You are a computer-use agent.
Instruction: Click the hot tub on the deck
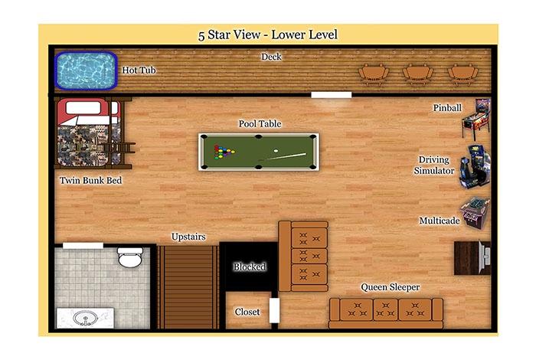tap(86, 70)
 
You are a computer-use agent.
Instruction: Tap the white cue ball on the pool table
tap(276, 151)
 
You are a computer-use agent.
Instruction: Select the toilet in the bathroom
tap(130, 257)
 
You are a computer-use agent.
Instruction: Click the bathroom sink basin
tap(85, 319)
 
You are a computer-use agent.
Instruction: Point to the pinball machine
tap(476, 118)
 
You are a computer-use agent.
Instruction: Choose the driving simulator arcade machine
tap(475, 167)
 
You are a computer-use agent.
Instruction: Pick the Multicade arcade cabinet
tap(476, 212)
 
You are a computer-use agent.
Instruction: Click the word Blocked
tap(250, 267)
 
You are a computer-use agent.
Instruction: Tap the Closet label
tap(247, 312)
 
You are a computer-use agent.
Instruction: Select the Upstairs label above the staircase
tap(188, 237)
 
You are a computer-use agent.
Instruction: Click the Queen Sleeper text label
tap(390, 287)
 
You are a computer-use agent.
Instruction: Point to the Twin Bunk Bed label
tap(90, 180)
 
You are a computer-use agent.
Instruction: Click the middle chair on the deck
tap(418, 74)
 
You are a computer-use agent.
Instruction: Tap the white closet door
tap(274, 310)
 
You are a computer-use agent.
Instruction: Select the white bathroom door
tap(83, 245)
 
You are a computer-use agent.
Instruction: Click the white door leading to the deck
tap(332, 95)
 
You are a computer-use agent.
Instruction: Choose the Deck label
tap(271, 57)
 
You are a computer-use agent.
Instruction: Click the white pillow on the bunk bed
tap(83, 108)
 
